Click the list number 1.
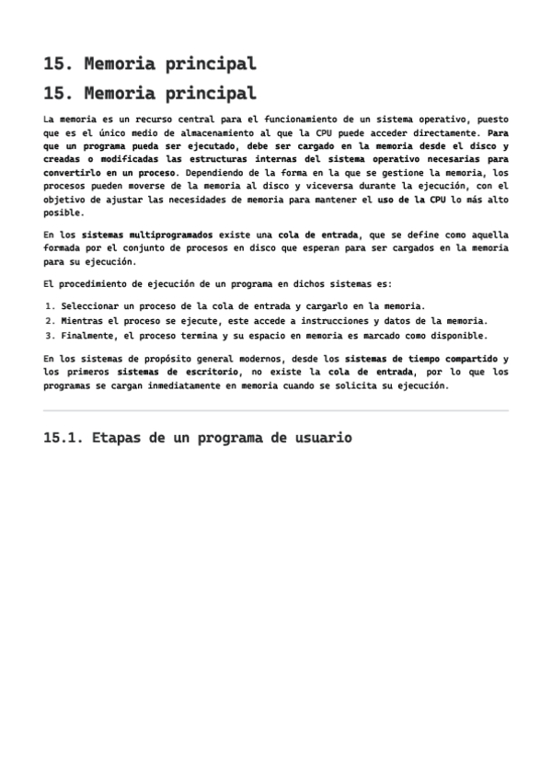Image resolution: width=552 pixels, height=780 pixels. point(48,305)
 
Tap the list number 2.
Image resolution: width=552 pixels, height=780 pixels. point(48,321)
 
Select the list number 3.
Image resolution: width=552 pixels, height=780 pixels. point(48,336)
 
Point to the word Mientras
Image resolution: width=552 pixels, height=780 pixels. point(85,321)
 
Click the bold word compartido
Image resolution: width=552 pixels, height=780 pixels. point(463,358)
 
